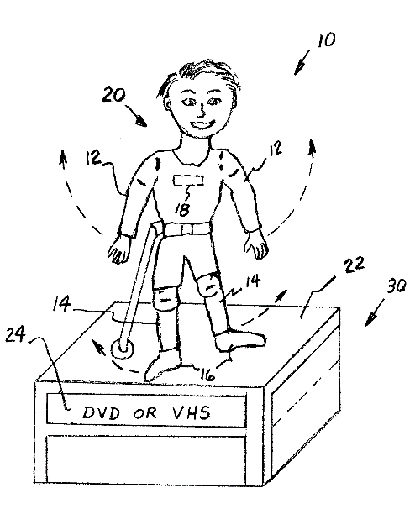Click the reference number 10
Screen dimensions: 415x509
pyautogui.click(x=326, y=40)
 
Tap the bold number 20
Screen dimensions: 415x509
pyautogui.click(x=113, y=95)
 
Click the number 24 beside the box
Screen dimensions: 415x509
pyautogui.click(x=15, y=334)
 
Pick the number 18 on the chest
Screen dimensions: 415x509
pyautogui.click(x=182, y=209)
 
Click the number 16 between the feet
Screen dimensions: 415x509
pyautogui.click(x=207, y=375)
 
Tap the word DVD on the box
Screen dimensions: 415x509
pyautogui.click(x=101, y=413)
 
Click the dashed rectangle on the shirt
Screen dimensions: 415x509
pyautogui.click(x=189, y=180)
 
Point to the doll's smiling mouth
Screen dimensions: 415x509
pyautogui.click(x=202, y=124)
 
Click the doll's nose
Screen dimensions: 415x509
pyautogui.click(x=202, y=110)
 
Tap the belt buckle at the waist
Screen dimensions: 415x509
pyautogui.click(x=186, y=230)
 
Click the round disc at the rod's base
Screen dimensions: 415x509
pyautogui.click(x=123, y=349)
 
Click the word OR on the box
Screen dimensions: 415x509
pyautogui.click(x=145, y=413)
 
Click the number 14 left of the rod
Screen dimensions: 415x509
pyautogui.click(x=61, y=304)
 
